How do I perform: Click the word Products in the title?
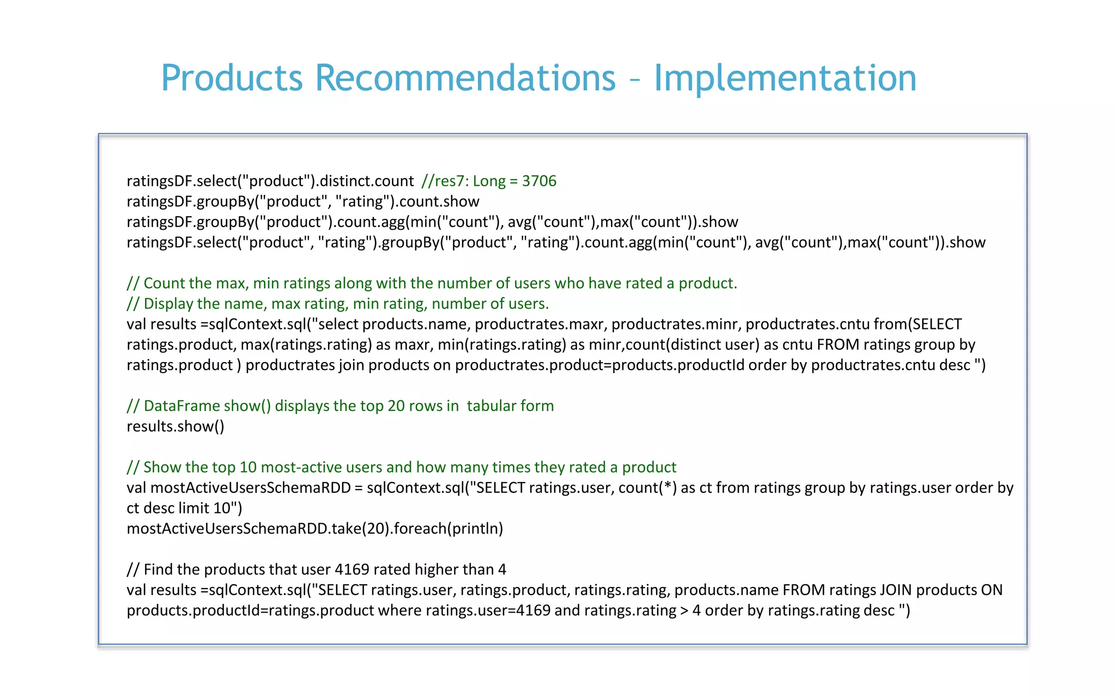click(x=232, y=78)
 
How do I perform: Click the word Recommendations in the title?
click(x=465, y=78)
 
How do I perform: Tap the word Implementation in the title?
click(x=785, y=78)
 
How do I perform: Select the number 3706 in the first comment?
click(x=539, y=181)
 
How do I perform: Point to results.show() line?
click(x=175, y=426)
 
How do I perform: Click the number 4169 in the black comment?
click(x=352, y=570)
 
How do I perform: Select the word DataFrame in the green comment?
click(x=180, y=406)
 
